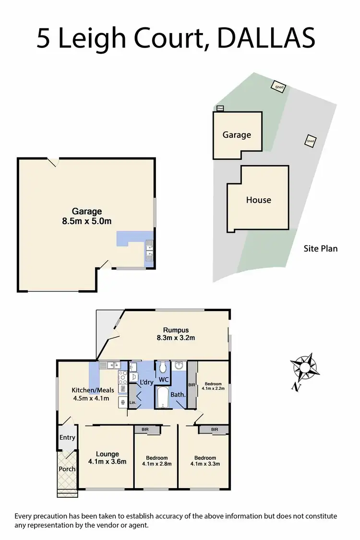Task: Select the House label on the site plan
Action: click(259, 200)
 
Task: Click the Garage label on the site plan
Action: click(237, 135)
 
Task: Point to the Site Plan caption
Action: click(321, 249)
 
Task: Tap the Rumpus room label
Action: click(176, 330)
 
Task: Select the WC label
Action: click(164, 380)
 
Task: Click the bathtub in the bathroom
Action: click(163, 398)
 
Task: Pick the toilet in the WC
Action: click(163, 368)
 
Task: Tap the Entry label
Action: click(67, 437)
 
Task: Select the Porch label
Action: click(67, 469)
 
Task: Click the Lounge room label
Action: click(107, 454)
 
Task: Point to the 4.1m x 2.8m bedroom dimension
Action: click(157, 464)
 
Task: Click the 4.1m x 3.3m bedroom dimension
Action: click(205, 464)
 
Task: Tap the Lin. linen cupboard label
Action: click(132, 402)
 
